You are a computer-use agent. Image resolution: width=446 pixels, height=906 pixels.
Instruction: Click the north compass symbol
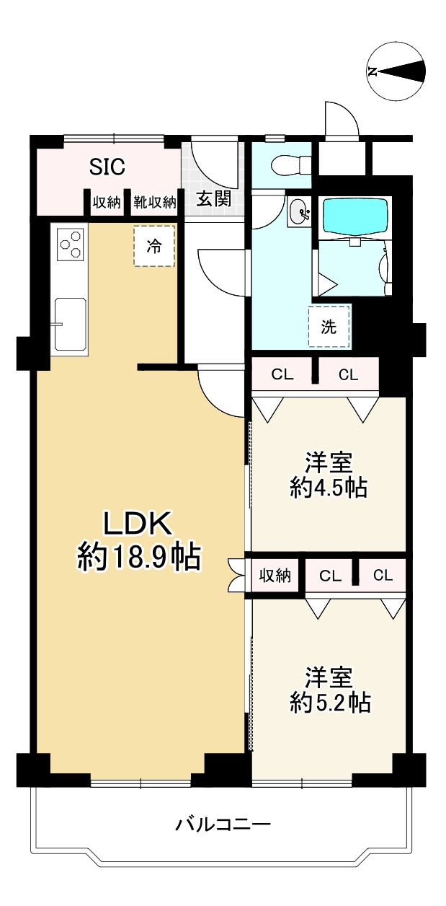396,71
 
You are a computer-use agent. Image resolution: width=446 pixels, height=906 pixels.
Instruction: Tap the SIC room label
107,167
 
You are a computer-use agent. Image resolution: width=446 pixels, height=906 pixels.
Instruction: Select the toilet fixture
287,165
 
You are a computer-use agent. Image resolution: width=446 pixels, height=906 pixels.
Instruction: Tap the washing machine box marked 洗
329,327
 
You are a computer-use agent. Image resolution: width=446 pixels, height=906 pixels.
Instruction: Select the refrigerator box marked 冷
153,246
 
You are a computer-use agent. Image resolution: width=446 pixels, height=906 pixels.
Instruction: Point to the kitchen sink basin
69,322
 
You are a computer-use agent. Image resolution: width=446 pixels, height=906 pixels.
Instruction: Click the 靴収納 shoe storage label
154,203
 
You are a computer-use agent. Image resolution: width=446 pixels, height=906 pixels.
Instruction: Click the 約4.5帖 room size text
329,489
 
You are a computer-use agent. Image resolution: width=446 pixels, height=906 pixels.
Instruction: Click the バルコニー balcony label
223,823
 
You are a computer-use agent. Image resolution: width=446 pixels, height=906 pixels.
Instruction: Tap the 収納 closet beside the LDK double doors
275,576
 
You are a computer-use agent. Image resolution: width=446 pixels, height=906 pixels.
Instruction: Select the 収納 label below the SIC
107,203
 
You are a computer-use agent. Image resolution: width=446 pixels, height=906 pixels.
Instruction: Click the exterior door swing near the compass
341,120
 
